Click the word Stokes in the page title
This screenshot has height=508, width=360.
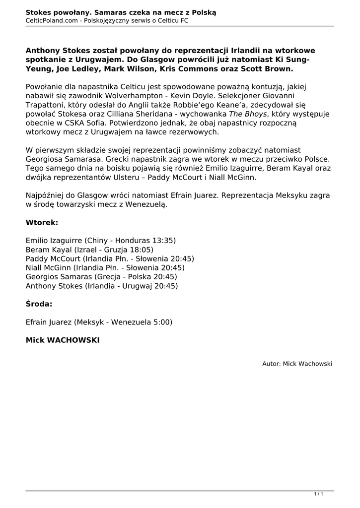pyautogui.click(x=39, y=11)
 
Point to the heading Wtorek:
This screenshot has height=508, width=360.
pyautogui.click(x=42, y=223)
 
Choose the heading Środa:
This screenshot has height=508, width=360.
pyautogui.click(x=39, y=304)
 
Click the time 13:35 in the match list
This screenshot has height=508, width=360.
pyautogui.click(x=164, y=241)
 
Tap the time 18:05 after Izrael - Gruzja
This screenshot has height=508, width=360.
pyautogui.click(x=142, y=250)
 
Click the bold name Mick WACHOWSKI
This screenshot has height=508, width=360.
pyautogui.click(x=63, y=341)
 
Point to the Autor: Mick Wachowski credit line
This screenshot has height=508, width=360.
pyautogui.click(x=297, y=364)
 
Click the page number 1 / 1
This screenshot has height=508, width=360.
pyautogui.click(x=319, y=494)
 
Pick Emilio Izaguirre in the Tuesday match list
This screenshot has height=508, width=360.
pyautogui.click(x=54, y=241)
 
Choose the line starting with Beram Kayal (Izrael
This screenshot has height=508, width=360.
pyautogui.click(x=89, y=250)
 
